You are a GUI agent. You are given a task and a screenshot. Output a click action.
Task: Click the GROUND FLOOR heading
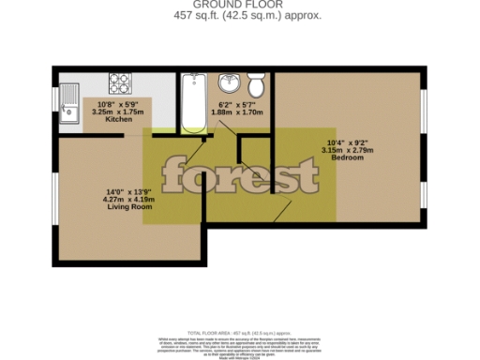[x=239, y=7]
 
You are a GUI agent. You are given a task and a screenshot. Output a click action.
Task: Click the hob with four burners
[x=119, y=82]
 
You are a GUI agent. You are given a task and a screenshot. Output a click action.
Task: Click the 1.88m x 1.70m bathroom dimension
[x=241, y=112]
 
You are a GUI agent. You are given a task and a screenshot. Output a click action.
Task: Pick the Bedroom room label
[x=347, y=157]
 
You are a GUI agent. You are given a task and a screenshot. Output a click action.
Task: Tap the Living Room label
[x=129, y=206]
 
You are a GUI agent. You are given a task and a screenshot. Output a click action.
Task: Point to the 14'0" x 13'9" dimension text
[x=129, y=191]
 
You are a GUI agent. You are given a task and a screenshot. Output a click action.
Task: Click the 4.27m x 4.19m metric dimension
[x=129, y=199]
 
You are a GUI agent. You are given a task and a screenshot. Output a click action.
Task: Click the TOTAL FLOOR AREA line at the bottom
[x=239, y=334]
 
